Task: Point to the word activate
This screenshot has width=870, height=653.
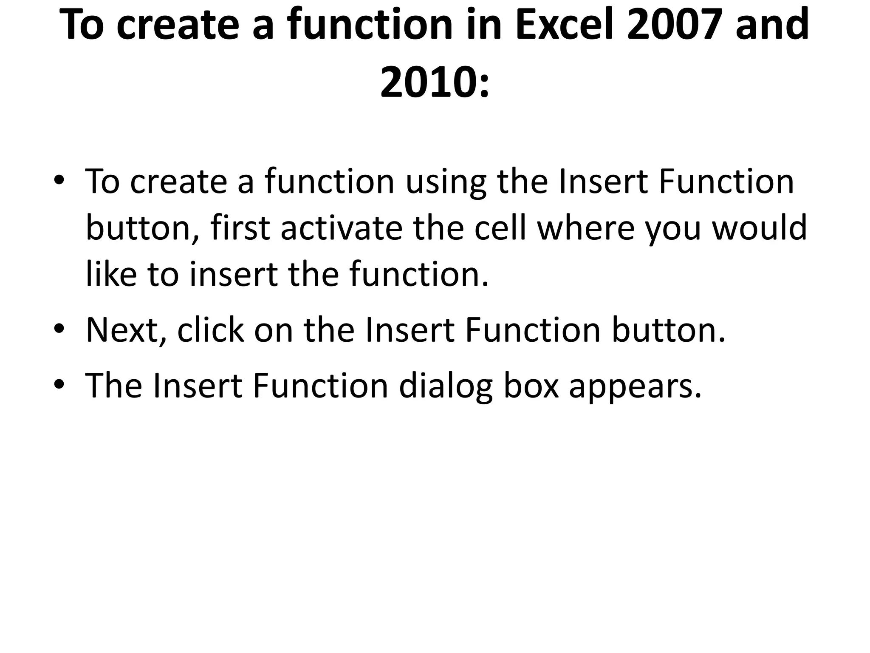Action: (342, 228)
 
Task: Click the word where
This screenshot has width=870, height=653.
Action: (586, 228)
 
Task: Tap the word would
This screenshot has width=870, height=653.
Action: (759, 228)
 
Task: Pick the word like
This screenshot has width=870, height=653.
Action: (111, 274)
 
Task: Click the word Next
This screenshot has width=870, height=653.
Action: (126, 330)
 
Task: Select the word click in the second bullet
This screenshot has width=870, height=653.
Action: (211, 330)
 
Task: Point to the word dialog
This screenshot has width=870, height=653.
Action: (446, 386)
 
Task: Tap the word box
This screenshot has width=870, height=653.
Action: (531, 386)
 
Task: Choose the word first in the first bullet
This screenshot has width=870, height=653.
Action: (240, 228)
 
